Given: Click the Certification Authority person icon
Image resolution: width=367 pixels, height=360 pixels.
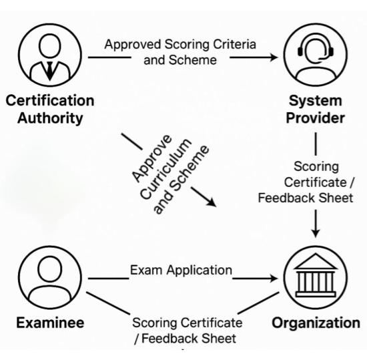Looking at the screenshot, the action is pos(50,55).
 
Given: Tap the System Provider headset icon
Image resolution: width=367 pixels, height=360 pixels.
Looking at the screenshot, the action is pos(315,55).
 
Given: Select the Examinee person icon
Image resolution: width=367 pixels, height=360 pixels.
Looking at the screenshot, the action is pos(50,277).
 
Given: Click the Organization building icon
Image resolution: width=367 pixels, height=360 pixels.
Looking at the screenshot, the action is pos(315,277).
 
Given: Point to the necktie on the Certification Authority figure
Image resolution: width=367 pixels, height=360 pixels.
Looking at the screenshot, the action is pos(49,71).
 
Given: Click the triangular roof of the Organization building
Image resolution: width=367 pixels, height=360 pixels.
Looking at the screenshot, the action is pos(316,261).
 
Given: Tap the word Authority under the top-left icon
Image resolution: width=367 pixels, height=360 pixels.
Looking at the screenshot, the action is pos(50,118).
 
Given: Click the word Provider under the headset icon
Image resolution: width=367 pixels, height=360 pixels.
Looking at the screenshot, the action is pos(315,118).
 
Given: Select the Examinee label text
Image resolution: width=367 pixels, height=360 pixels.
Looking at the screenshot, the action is pos(50,323).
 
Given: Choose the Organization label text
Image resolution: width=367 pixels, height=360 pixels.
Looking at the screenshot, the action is pos(316,323).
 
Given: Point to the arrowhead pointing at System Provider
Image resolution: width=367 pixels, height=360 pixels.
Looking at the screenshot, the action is pos(274,57).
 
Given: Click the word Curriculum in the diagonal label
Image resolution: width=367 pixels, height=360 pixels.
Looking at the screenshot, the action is pos(166,170).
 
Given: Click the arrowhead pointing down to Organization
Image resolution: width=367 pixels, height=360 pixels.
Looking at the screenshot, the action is pos(316,233).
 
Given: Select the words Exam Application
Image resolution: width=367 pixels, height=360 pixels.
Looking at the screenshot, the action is pos(181,270).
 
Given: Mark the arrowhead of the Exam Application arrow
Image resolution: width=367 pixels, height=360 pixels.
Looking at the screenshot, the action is pos(273,279).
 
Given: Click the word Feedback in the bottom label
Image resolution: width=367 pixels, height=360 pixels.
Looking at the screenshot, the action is pos(170,339).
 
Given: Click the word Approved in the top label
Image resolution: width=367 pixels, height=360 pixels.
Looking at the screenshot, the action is pos(133,45).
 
